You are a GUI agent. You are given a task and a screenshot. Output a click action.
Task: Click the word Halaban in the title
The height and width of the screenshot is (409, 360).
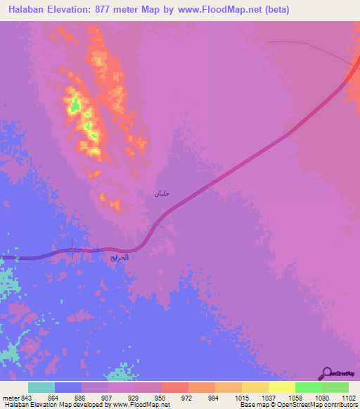click(x=29, y=10)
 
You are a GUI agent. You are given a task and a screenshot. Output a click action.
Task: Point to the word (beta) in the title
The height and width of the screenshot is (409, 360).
click(x=275, y=10)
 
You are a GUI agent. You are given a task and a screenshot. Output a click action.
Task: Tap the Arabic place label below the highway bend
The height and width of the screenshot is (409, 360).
click(x=120, y=258)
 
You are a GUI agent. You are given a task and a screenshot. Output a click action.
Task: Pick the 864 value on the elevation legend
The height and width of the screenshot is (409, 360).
click(x=53, y=398)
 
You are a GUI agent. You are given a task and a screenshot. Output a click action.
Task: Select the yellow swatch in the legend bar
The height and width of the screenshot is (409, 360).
click(x=281, y=387)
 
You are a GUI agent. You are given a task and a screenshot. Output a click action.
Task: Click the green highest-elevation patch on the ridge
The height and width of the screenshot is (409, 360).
click(x=74, y=106)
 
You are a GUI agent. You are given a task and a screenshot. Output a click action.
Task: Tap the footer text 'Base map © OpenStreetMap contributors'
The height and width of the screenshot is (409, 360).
click(x=297, y=405)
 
